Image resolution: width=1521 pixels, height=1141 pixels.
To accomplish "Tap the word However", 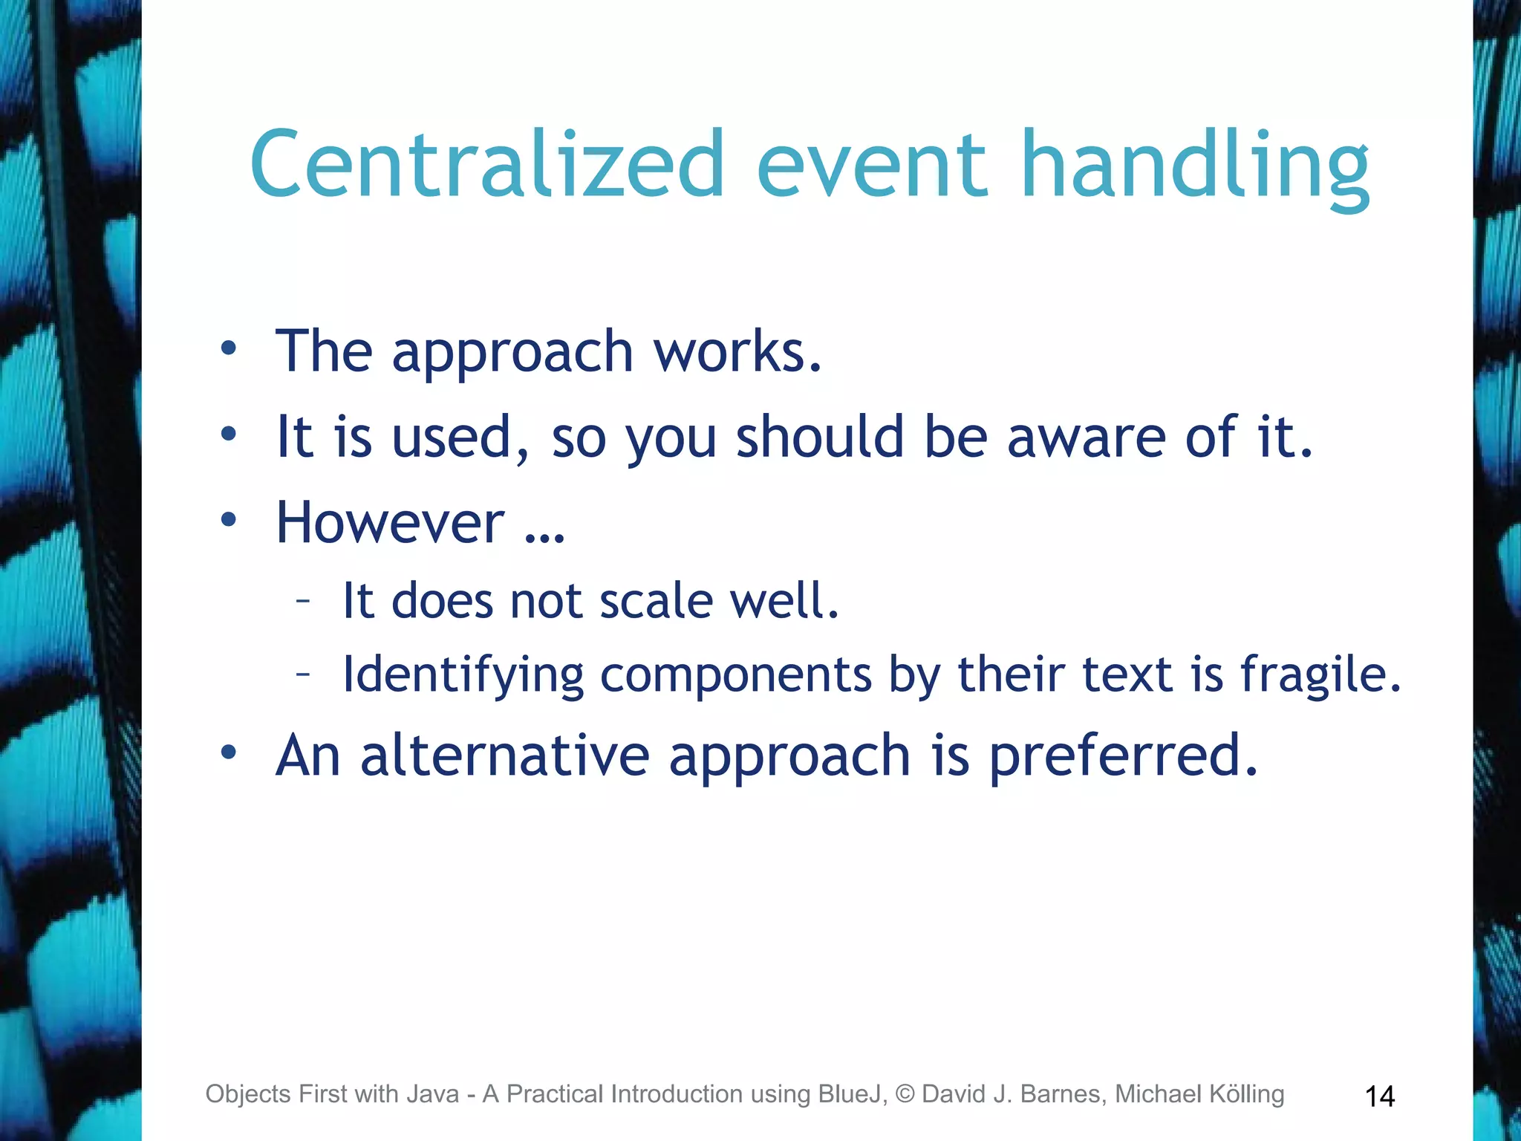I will pyautogui.click(x=390, y=522).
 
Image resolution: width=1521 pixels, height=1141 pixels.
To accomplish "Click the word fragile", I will pyautogui.click(x=1320, y=675).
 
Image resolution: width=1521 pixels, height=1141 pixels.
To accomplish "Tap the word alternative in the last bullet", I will pyautogui.click(x=504, y=755).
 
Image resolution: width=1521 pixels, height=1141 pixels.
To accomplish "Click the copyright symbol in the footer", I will pyautogui.click(x=905, y=1094).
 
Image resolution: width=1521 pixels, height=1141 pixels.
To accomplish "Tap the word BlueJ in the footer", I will pyautogui.click(x=851, y=1094).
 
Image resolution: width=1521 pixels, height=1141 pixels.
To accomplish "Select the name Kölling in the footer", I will pyautogui.click(x=1246, y=1094).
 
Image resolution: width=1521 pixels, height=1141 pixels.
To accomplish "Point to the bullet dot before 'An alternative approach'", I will pyautogui.click(x=228, y=752).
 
